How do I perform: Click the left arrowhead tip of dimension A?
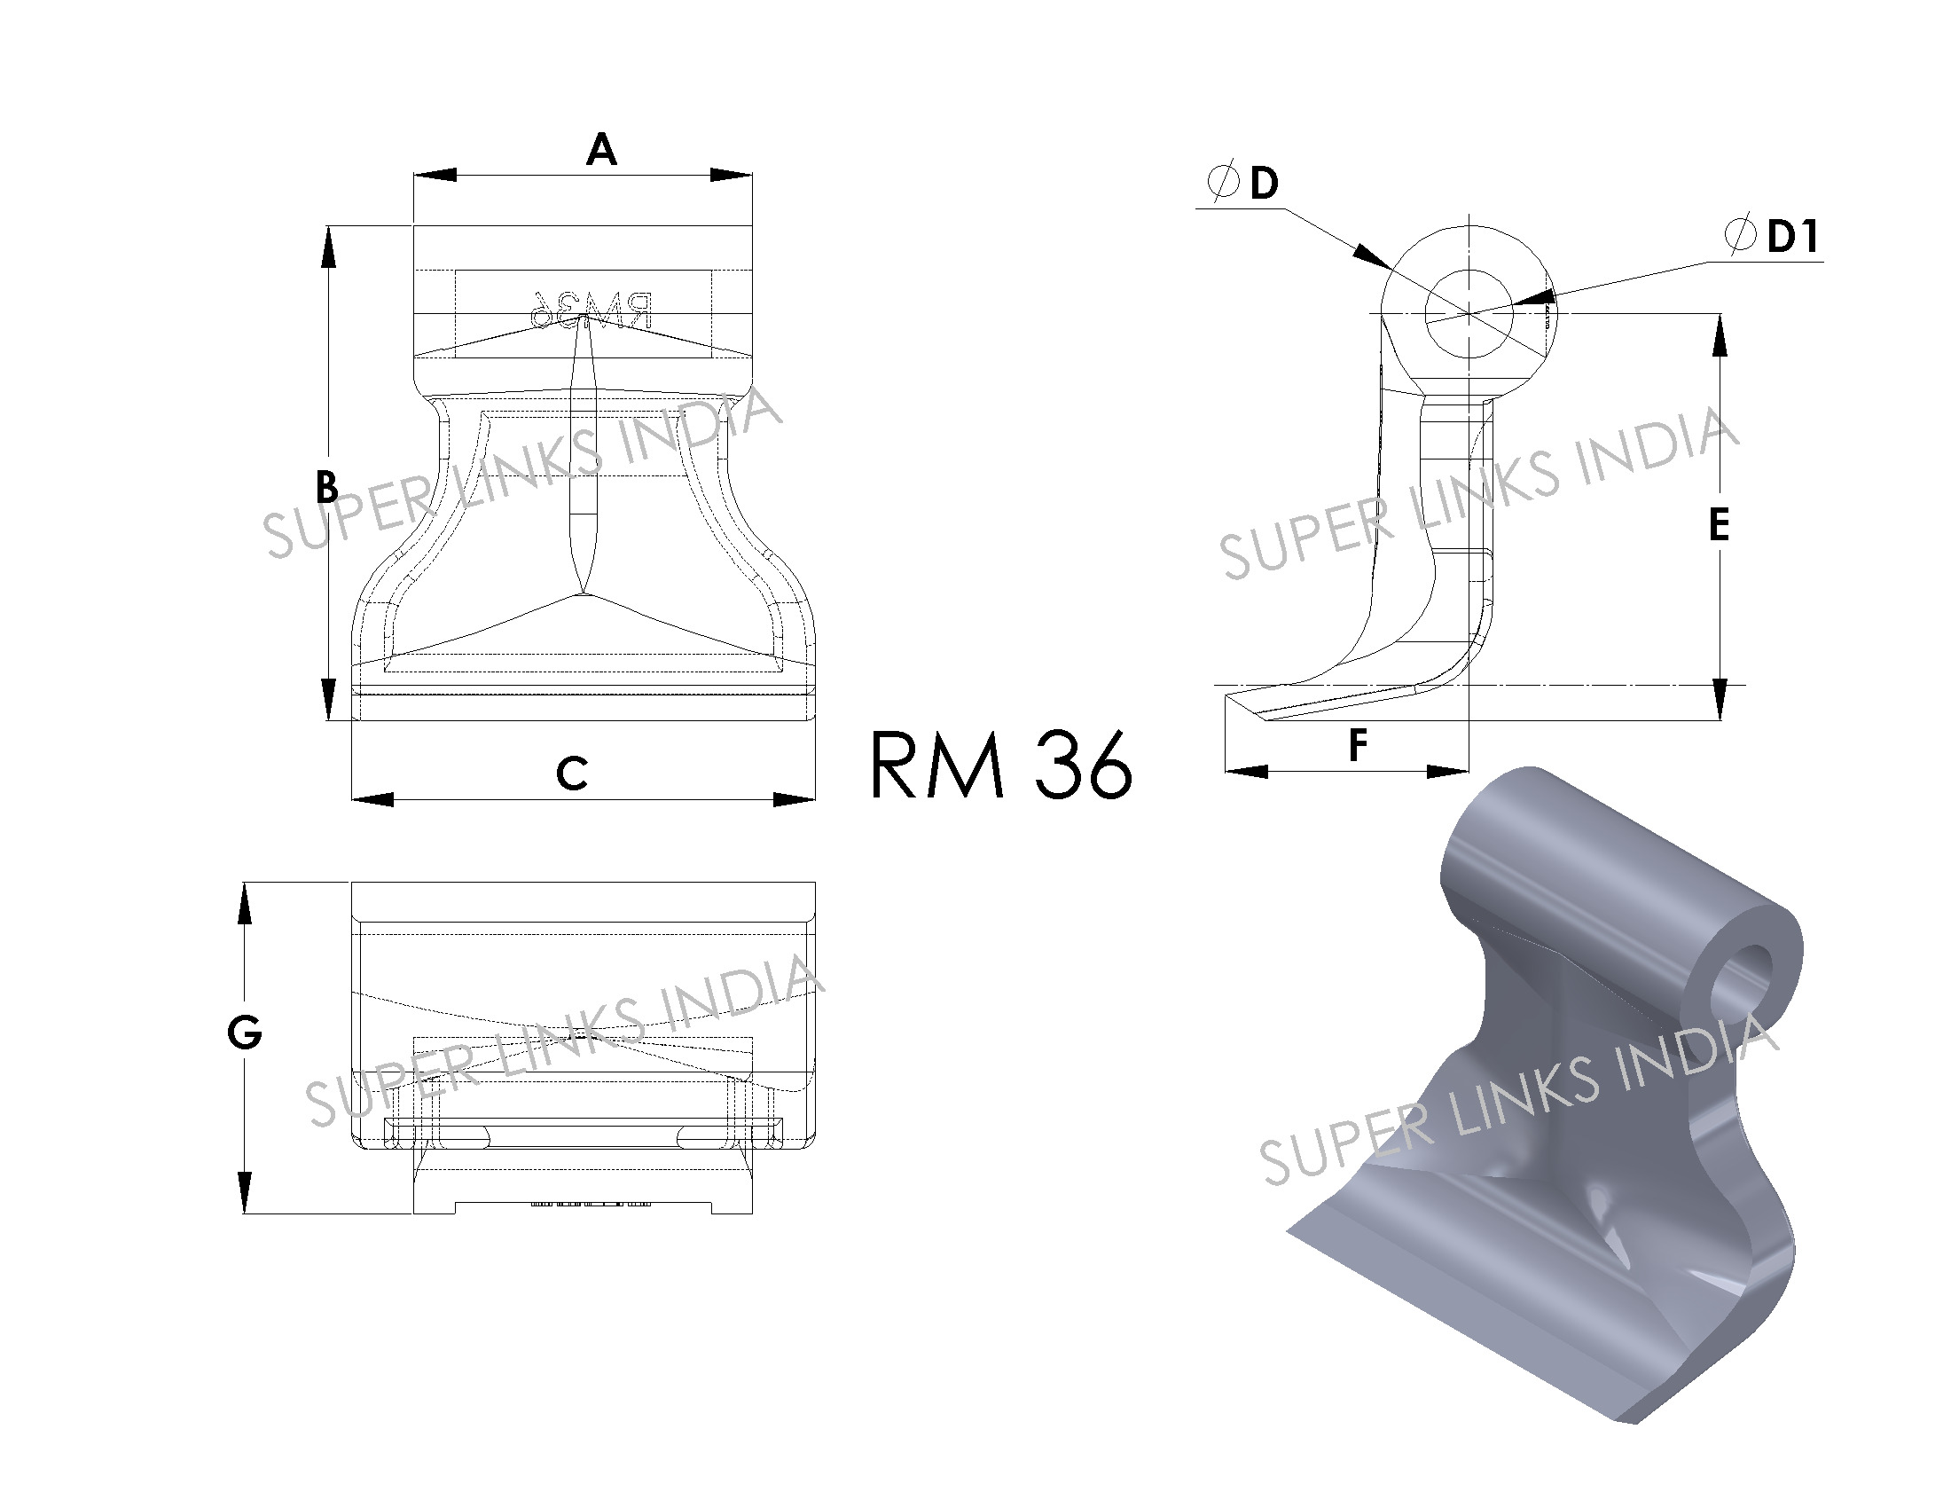(x=413, y=174)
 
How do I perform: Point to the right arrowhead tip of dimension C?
(x=816, y=798)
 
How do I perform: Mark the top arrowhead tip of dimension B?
(x=328, y=226)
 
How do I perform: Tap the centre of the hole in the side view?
(x=1469, y=312)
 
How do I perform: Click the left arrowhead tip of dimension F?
(x=1225, y=770)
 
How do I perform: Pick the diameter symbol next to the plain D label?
(x=1223, y=181)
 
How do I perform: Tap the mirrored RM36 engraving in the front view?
(x=590, y=310)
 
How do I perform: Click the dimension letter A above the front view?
(x=601, y=149)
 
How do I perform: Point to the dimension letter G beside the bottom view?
(x=245, y=1033)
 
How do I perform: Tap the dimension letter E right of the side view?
(x=1719, y=524)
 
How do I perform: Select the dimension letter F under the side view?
(x=1358, y=745)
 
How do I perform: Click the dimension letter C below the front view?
(x=572, y=773)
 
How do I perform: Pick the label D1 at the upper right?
(x=1793, y=236)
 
